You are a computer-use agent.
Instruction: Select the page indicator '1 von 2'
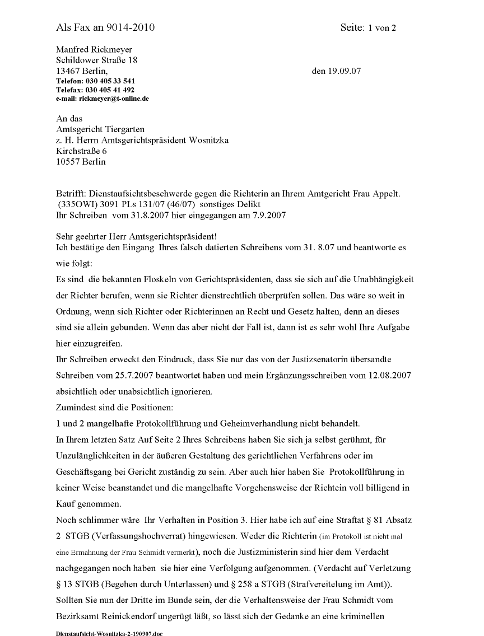382,28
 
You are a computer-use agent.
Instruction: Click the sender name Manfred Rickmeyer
94,50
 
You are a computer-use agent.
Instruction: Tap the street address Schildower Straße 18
96,60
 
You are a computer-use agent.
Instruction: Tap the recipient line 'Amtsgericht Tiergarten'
100,129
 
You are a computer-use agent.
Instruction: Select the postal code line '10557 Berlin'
81,162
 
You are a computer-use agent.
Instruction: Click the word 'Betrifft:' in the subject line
71,193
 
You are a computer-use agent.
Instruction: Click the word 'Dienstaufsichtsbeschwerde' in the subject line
145,193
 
